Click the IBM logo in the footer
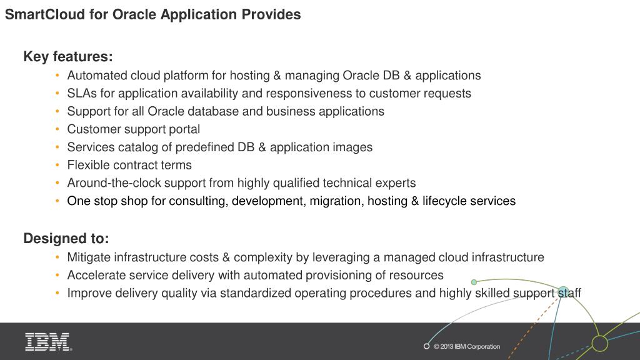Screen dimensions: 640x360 [48, 342]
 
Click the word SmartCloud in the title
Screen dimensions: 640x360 [44, 14]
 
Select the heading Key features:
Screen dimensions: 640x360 [68, 57]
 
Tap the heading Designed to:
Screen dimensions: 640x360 [66, 239]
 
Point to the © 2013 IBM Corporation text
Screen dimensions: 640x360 [467, 347]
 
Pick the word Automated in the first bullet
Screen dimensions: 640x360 [97, 76]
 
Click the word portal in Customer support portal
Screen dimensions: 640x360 [183, 129]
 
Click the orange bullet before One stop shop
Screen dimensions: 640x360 [57, 201]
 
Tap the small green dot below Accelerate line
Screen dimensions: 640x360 [474, 282]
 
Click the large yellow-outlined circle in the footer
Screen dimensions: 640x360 [599, 343]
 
